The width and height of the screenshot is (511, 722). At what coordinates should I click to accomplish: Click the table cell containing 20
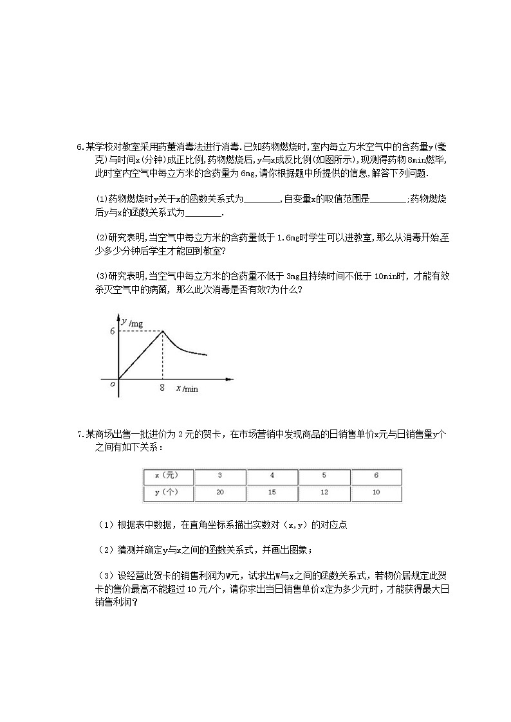[219, 493]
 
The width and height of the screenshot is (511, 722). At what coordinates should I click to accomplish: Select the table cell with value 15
[272, 493]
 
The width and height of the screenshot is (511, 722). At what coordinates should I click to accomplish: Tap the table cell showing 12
[324, 493]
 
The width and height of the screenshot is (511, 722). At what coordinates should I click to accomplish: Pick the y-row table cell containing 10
[376, 493]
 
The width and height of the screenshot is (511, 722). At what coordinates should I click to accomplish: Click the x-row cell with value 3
[219, 476]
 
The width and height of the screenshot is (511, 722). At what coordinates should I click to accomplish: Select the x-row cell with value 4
[272, 476]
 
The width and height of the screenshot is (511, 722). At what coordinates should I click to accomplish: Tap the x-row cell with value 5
[324, 476]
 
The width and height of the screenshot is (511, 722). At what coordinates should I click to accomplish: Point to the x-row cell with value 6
[376, 476]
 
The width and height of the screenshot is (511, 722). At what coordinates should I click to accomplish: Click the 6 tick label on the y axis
[112, 332]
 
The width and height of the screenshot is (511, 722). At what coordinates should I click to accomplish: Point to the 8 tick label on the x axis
[162, 388]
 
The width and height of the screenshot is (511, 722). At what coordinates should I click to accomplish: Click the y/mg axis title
[132, 323]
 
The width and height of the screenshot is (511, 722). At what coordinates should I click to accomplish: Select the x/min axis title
[187, 389]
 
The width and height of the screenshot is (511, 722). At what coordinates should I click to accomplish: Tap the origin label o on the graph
[112, 384]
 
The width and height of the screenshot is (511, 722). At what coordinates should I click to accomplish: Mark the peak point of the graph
[162, 331]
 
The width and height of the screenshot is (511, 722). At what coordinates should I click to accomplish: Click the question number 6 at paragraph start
[80, 147]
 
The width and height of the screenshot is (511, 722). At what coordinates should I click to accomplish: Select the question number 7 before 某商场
[80, 434]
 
